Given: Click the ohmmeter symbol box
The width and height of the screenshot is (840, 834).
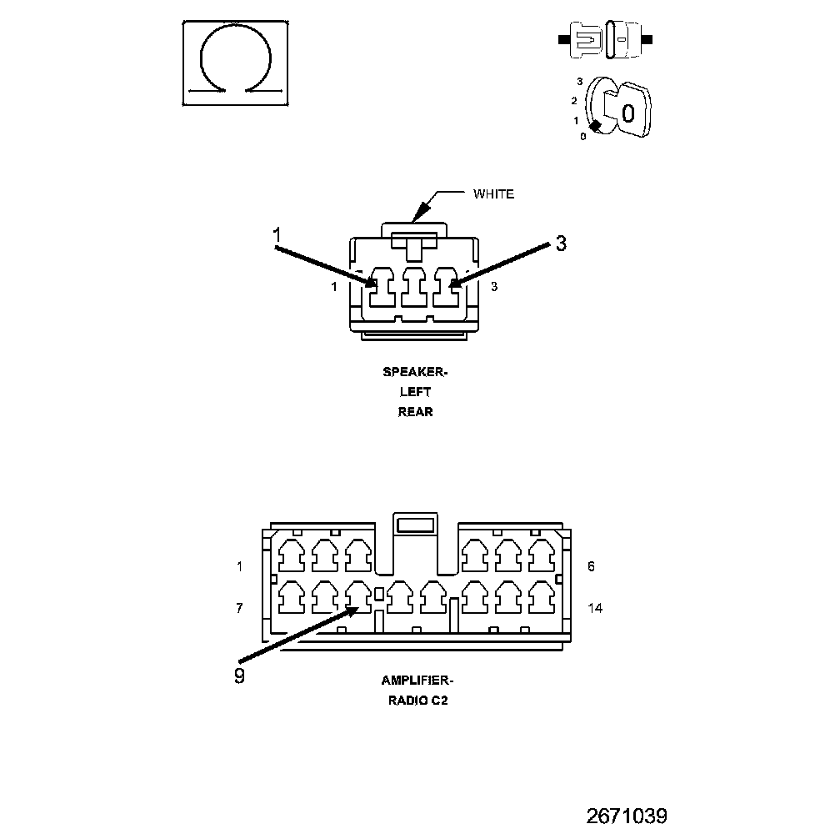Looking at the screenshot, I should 236,63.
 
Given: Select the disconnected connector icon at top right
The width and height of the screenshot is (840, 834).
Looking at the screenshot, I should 605,39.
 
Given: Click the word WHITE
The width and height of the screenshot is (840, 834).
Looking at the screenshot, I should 493,194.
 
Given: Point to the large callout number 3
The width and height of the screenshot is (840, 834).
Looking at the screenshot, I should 560,244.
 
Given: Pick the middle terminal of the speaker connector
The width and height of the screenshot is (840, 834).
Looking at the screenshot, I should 414,289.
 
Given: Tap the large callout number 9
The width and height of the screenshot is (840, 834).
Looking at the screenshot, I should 240,676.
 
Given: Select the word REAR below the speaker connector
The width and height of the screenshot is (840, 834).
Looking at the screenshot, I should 416,411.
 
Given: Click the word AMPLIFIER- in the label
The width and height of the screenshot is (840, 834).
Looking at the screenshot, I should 417,681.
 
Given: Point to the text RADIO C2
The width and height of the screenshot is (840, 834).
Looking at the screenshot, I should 417,701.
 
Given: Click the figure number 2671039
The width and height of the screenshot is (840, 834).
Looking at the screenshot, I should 627,815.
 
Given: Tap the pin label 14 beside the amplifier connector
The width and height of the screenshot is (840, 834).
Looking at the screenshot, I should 595,607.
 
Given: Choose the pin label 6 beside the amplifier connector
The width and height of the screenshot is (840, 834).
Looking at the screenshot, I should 591,566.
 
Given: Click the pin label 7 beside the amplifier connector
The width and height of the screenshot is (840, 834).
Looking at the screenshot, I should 239,608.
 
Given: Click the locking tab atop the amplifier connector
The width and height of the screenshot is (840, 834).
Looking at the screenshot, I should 415,525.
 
